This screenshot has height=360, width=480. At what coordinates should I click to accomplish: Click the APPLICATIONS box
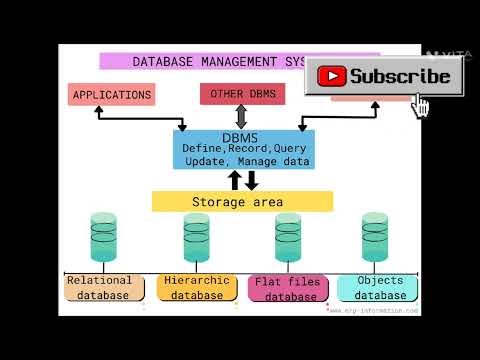click(x=112, y=95)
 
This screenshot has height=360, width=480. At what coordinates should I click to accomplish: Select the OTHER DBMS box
click(x=242, y=94)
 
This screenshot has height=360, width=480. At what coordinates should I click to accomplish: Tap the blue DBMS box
click(x=243, y=149)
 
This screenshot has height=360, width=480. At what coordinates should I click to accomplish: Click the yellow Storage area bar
click(x=242, y=201)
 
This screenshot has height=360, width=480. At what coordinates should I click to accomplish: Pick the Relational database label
click(x=99, y=288)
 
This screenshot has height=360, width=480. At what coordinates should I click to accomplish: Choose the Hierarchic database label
click(x=196, y=288)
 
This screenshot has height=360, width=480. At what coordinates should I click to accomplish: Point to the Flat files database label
click(x=288, y=289)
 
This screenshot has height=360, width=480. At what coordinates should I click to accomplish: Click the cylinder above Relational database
click(x=104, y=238)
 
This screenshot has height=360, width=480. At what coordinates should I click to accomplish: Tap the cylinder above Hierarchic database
click(x=196, y=238)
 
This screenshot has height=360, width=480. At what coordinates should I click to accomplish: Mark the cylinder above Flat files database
click(x=288, y=238)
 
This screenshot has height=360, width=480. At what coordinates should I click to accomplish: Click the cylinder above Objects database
click(x=375, y=238)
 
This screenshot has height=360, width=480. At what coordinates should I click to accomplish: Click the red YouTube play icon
click(x=332, y=76)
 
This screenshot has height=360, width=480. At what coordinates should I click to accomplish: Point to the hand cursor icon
click(x=421, y=106)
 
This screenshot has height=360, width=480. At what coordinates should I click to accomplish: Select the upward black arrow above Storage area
click(x=235, y=180)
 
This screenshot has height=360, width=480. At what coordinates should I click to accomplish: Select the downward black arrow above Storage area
click(x=251, y=180)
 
